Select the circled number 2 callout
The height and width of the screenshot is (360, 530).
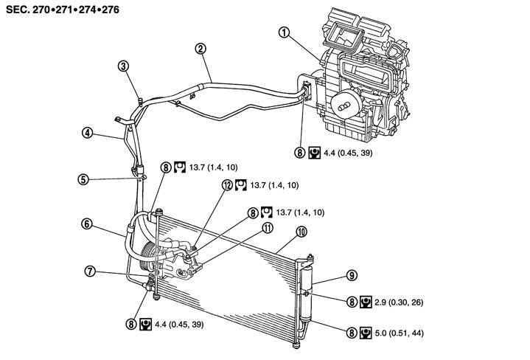click(200, 49)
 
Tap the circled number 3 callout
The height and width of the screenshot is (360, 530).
click(125, 66)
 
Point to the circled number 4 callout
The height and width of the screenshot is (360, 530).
click(88, 134)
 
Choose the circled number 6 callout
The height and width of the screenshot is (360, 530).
click(87, 224)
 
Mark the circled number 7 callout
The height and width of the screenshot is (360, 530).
click(89, 271)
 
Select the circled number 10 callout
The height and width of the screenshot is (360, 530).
click(301, 232)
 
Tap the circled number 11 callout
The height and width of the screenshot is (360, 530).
click(264, 229)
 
